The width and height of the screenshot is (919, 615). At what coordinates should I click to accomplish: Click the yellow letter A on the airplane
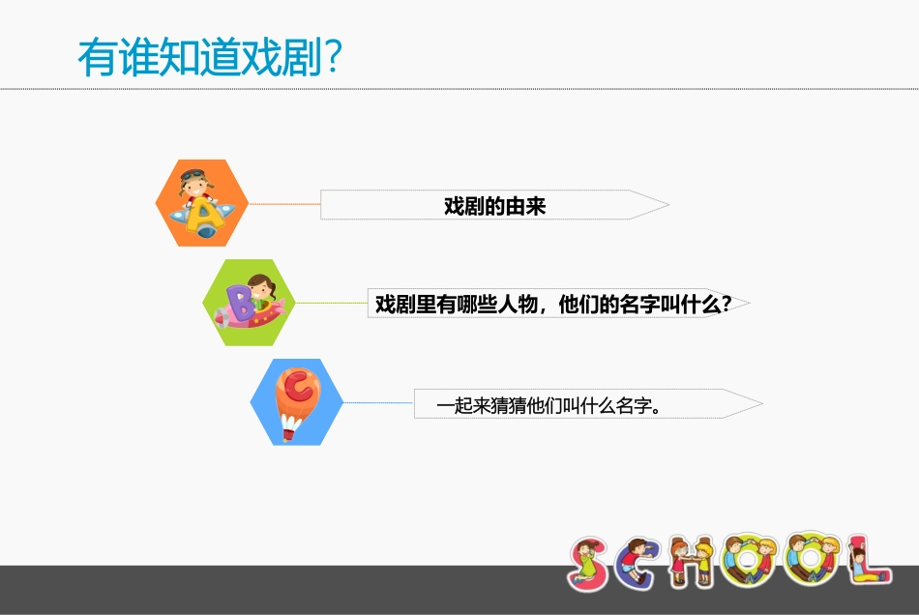pyautogui.click(x=204, y=218)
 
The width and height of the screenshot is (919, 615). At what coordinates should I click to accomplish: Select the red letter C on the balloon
pyautogui.click(x=297, y=389)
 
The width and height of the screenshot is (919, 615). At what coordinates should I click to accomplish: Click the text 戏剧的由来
pyautogui.click(x=494, y=206)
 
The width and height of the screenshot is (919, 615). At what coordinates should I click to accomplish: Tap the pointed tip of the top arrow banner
pyautogui.click(x=667, y=205)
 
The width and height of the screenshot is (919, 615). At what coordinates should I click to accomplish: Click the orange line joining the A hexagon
pyautogui.click(x=284, y=204)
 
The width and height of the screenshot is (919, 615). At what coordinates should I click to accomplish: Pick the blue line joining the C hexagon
pyautogui.click(x=378, y=402)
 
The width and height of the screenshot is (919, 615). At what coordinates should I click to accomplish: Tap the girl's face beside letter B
pyautogui.click(x=259, y=288)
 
